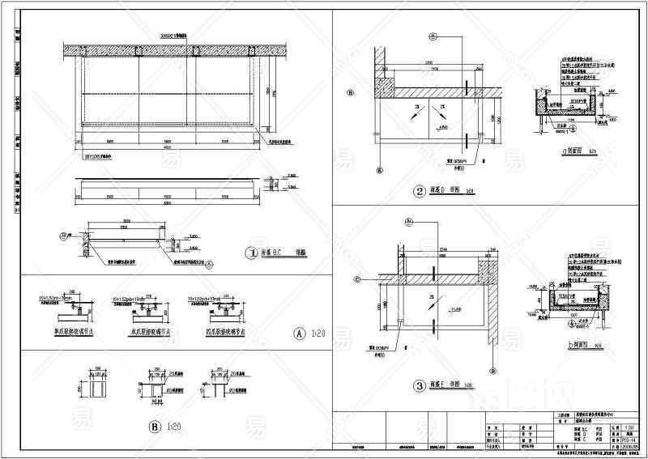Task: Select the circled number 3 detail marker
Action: (420, 386)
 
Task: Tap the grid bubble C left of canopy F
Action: (357, 279)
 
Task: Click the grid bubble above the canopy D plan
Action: (433, 36)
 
